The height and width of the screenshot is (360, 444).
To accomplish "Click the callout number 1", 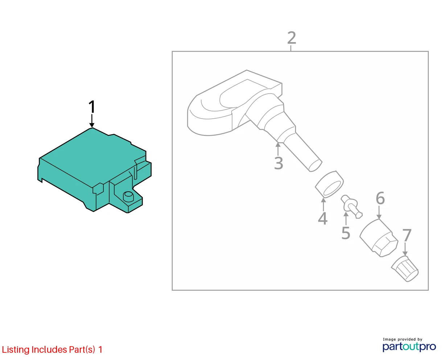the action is (x=92, y=107).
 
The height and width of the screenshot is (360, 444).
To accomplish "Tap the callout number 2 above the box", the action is (x=291, y=38).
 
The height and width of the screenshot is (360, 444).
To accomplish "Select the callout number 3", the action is (x=279, y=163).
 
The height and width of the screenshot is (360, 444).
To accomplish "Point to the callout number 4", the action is (x=322, y=219).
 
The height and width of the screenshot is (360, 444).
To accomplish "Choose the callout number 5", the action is (x=346, y=233).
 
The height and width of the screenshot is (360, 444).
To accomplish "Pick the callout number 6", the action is (x=380, y=198).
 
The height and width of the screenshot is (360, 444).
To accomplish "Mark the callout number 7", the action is (x=407, y=235).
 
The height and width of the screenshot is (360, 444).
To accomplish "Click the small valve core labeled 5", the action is (x=351, y=206).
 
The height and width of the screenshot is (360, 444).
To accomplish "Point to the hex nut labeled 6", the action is (x=379, y=238).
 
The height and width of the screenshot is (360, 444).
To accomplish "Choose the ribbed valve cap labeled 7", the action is (x=405, y=269).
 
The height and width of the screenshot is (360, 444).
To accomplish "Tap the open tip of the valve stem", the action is (x=315, y=166).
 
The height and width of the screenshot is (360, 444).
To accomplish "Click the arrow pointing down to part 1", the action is (x=92, y=121).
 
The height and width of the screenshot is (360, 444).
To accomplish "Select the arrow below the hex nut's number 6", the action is (x=379, y=212).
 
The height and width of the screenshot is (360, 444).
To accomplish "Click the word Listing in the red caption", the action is (x=16, y=349).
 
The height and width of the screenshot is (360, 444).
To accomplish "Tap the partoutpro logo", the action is (x=409, y=347).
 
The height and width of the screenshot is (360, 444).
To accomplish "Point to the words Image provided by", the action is (x=403, y=339).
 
